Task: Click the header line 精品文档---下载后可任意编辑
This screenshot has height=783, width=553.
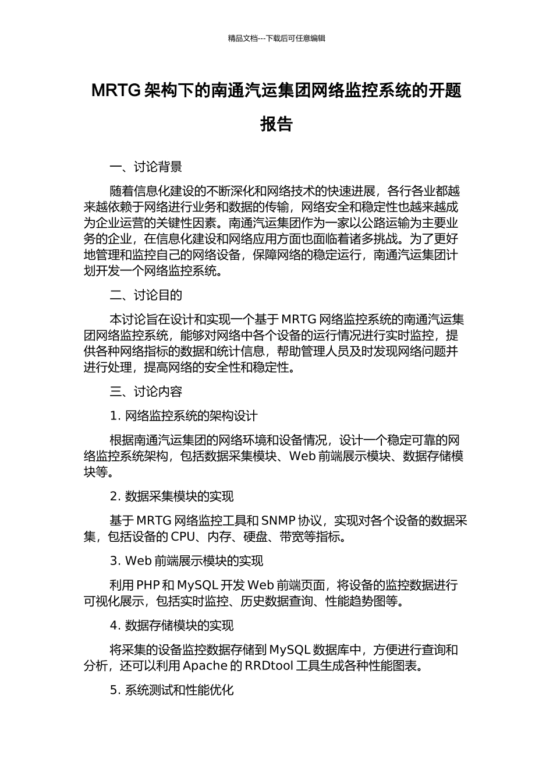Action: pyautogui.click(x=276, y=38)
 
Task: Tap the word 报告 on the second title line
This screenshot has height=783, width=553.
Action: pyautogui.click(x=276, y=124)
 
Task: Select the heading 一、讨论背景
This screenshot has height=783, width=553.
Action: pyautogui.click(x=146, y=167)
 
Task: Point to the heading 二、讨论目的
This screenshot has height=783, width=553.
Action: pyautogui.click(x=146, y=295)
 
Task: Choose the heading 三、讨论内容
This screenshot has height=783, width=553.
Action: pyautogui.click(x=146, y=391)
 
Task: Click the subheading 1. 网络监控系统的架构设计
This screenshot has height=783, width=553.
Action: pyautogui.click(x=183, y=416)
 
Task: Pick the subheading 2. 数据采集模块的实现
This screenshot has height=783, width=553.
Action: pyautogui.click(x=172, y=496)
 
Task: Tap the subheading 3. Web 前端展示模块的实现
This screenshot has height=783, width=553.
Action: pyautogui.click(x=186, y=561)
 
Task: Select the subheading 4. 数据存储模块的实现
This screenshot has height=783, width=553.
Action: pyautogui.click(x=172, y=626)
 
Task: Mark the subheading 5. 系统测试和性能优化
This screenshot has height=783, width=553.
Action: pyautogui.click(x=172, y=690)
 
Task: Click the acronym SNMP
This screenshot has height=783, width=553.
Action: pyautogui.click(x=278, y=521)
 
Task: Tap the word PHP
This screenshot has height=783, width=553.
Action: pyautogui.click(x=148, y=585)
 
